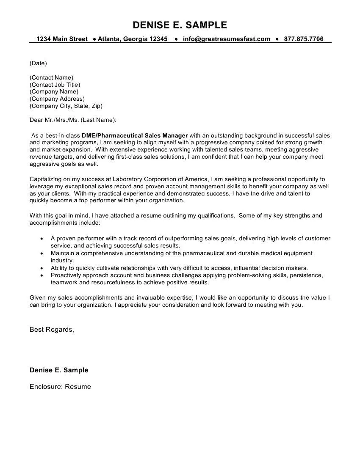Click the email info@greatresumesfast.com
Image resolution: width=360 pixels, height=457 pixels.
tap(226, 39)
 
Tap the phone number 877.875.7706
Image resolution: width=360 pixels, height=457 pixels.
tap(304, 39)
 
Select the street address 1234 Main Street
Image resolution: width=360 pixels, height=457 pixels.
tap(62, 39)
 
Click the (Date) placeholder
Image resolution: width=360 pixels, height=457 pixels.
tap(38, 63)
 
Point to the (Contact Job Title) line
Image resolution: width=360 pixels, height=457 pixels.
tap(55, 85)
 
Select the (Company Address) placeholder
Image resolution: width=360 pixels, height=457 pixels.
tap(57, 99)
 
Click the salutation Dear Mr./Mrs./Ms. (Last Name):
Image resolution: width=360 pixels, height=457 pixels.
tap(72, 120)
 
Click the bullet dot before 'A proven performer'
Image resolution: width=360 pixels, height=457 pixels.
tap(41, 239)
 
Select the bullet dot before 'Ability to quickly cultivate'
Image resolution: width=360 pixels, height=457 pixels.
tap(41, 268)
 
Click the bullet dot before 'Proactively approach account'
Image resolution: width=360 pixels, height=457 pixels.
tap(41, 275)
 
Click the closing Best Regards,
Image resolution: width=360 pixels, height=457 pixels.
tap(52, 329)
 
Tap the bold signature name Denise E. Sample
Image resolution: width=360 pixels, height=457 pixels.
tap(59, 370)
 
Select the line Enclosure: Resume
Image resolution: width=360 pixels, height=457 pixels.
tap(60, 386)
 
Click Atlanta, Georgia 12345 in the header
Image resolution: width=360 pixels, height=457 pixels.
tap(133, 39)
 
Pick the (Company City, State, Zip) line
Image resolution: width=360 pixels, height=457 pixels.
tap(66, 106)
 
